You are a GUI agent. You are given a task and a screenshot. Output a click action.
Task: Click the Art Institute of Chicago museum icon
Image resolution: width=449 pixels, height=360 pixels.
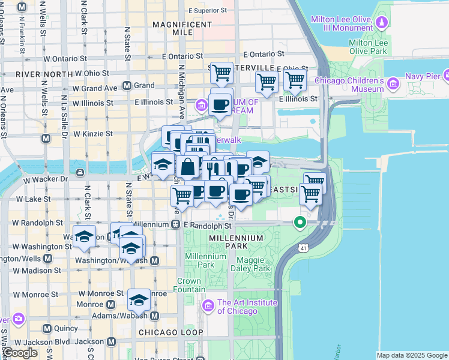coord(209,306)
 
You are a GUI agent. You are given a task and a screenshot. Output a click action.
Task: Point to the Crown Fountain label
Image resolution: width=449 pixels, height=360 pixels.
coord(189,285)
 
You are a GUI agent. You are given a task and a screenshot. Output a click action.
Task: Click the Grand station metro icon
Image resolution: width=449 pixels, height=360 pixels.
coord(127,85)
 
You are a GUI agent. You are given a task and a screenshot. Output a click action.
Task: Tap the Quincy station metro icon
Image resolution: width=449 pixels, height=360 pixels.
coord(47,328)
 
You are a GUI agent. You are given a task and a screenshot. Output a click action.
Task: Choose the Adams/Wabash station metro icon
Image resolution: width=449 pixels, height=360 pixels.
coord(154,316)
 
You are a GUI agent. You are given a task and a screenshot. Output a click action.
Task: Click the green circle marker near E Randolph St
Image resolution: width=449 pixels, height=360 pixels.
coord(300,223)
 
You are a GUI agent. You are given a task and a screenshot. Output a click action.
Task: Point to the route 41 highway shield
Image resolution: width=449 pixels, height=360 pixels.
coord(304,247)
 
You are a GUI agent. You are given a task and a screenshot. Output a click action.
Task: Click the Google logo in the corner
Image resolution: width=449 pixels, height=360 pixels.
coord(19,353)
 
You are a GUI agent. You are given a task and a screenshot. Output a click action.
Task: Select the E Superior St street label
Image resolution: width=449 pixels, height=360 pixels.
coord(208,11)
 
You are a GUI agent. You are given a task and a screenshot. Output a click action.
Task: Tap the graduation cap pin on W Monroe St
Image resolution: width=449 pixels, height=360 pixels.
coord(139,299)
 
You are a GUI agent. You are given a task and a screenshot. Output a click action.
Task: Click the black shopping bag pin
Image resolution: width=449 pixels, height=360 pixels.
coord(188,167)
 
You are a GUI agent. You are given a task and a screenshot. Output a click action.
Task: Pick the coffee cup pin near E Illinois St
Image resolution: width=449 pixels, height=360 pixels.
coord(220,103)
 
